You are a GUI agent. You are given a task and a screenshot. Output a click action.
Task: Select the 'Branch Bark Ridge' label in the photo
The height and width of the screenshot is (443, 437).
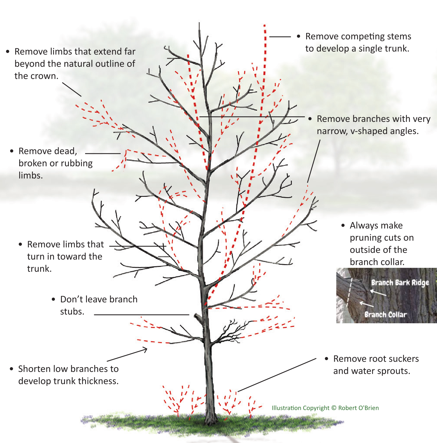pos(400,283)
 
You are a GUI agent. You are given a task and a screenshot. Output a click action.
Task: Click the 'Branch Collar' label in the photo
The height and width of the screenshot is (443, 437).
pos(385,314)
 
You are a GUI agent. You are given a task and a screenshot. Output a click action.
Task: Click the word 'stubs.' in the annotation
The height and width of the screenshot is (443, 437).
pos(72,312)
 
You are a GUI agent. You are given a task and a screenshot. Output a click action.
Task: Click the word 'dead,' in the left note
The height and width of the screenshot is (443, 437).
pos(64,151)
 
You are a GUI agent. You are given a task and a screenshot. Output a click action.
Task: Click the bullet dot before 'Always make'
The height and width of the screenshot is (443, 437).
pos(343,226)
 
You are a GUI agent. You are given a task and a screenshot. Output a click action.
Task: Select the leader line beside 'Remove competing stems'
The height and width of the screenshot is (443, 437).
pos(280,37)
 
